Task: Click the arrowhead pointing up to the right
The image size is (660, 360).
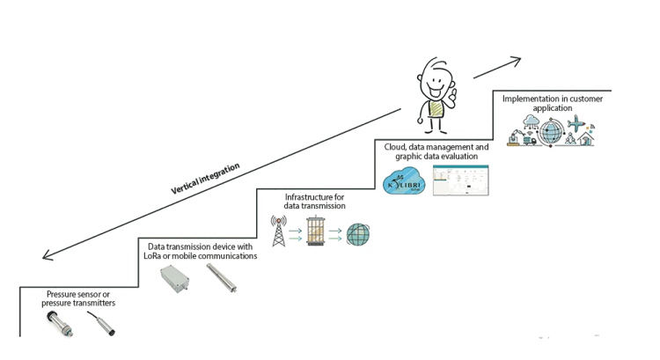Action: (516, 61)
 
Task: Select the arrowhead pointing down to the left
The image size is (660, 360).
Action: (49, 256)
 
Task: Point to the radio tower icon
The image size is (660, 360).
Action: (280, 232)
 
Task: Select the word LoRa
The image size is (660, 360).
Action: (156, 257)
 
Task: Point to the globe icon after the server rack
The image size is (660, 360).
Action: (359, 235)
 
